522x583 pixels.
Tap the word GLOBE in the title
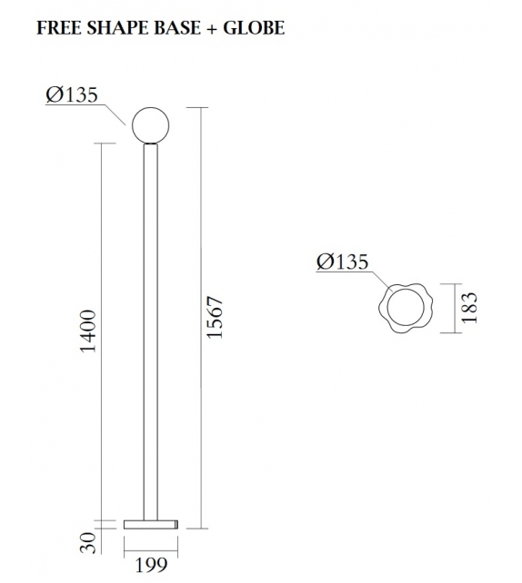pyautogui.click(x=256, y=28)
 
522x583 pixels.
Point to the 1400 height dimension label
pyautogui.click(x=88, y=331)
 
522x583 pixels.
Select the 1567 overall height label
pyautogui.click(x=215, y=317)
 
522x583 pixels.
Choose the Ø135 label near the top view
pyautogui.click(x=342, y=262)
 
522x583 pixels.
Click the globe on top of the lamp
pyautogui.click(x=150, y=125)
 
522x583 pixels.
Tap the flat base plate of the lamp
pyautogui.click(x=151, y=524)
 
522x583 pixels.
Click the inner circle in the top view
pyautogui.click(x=402, y=309)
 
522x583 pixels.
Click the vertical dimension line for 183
pyautogui.click(x=455, y=308)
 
